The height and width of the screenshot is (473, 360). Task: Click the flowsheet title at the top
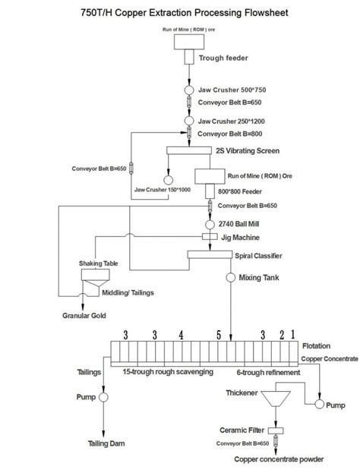179,13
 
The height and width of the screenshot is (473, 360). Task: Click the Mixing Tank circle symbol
229,279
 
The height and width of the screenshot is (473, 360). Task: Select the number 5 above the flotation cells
219,334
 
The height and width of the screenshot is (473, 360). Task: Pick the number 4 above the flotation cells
181,334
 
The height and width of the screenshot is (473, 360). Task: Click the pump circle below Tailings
103,397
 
